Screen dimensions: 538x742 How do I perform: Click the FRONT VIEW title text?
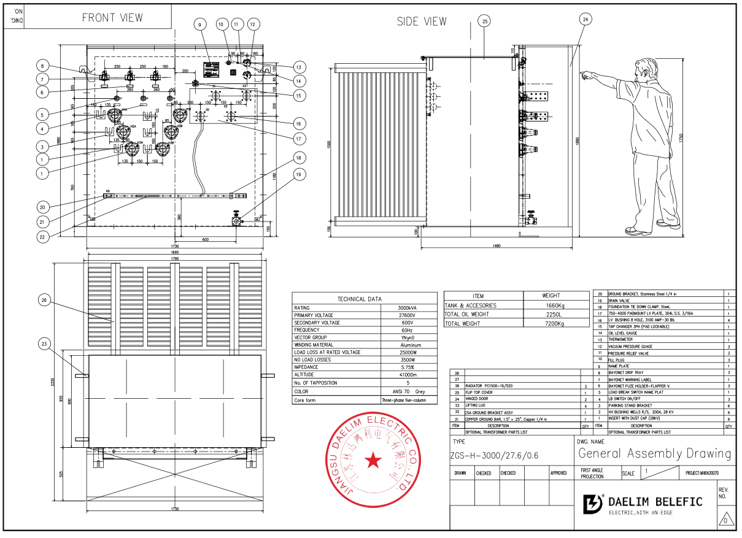[112, 18]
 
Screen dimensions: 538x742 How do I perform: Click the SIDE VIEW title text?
[422, 21]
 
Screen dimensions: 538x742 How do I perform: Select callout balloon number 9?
[199, 25]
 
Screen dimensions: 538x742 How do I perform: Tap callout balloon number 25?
[485, 21]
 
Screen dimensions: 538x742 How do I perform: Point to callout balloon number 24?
[585, 19]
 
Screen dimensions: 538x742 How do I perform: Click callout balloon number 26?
[44, 300]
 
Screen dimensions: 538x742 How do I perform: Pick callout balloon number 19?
[298, 174]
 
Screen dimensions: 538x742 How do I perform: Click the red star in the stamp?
[373, 461]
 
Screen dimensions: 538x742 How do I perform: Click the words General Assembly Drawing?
[654, 453]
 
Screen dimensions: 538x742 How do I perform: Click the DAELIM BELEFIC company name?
[655, 502]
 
